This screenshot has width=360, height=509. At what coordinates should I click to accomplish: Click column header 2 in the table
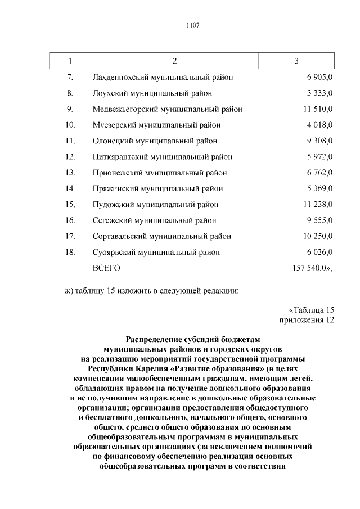pos(175,61)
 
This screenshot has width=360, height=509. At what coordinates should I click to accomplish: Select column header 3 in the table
pos(296,61)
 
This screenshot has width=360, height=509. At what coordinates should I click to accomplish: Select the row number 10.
pos(70,125)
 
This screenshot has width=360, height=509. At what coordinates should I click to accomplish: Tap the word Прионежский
pos(116,173)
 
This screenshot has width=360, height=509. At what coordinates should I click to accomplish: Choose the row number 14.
pos(70,188)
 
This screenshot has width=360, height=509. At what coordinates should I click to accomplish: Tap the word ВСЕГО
pos(106,268)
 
